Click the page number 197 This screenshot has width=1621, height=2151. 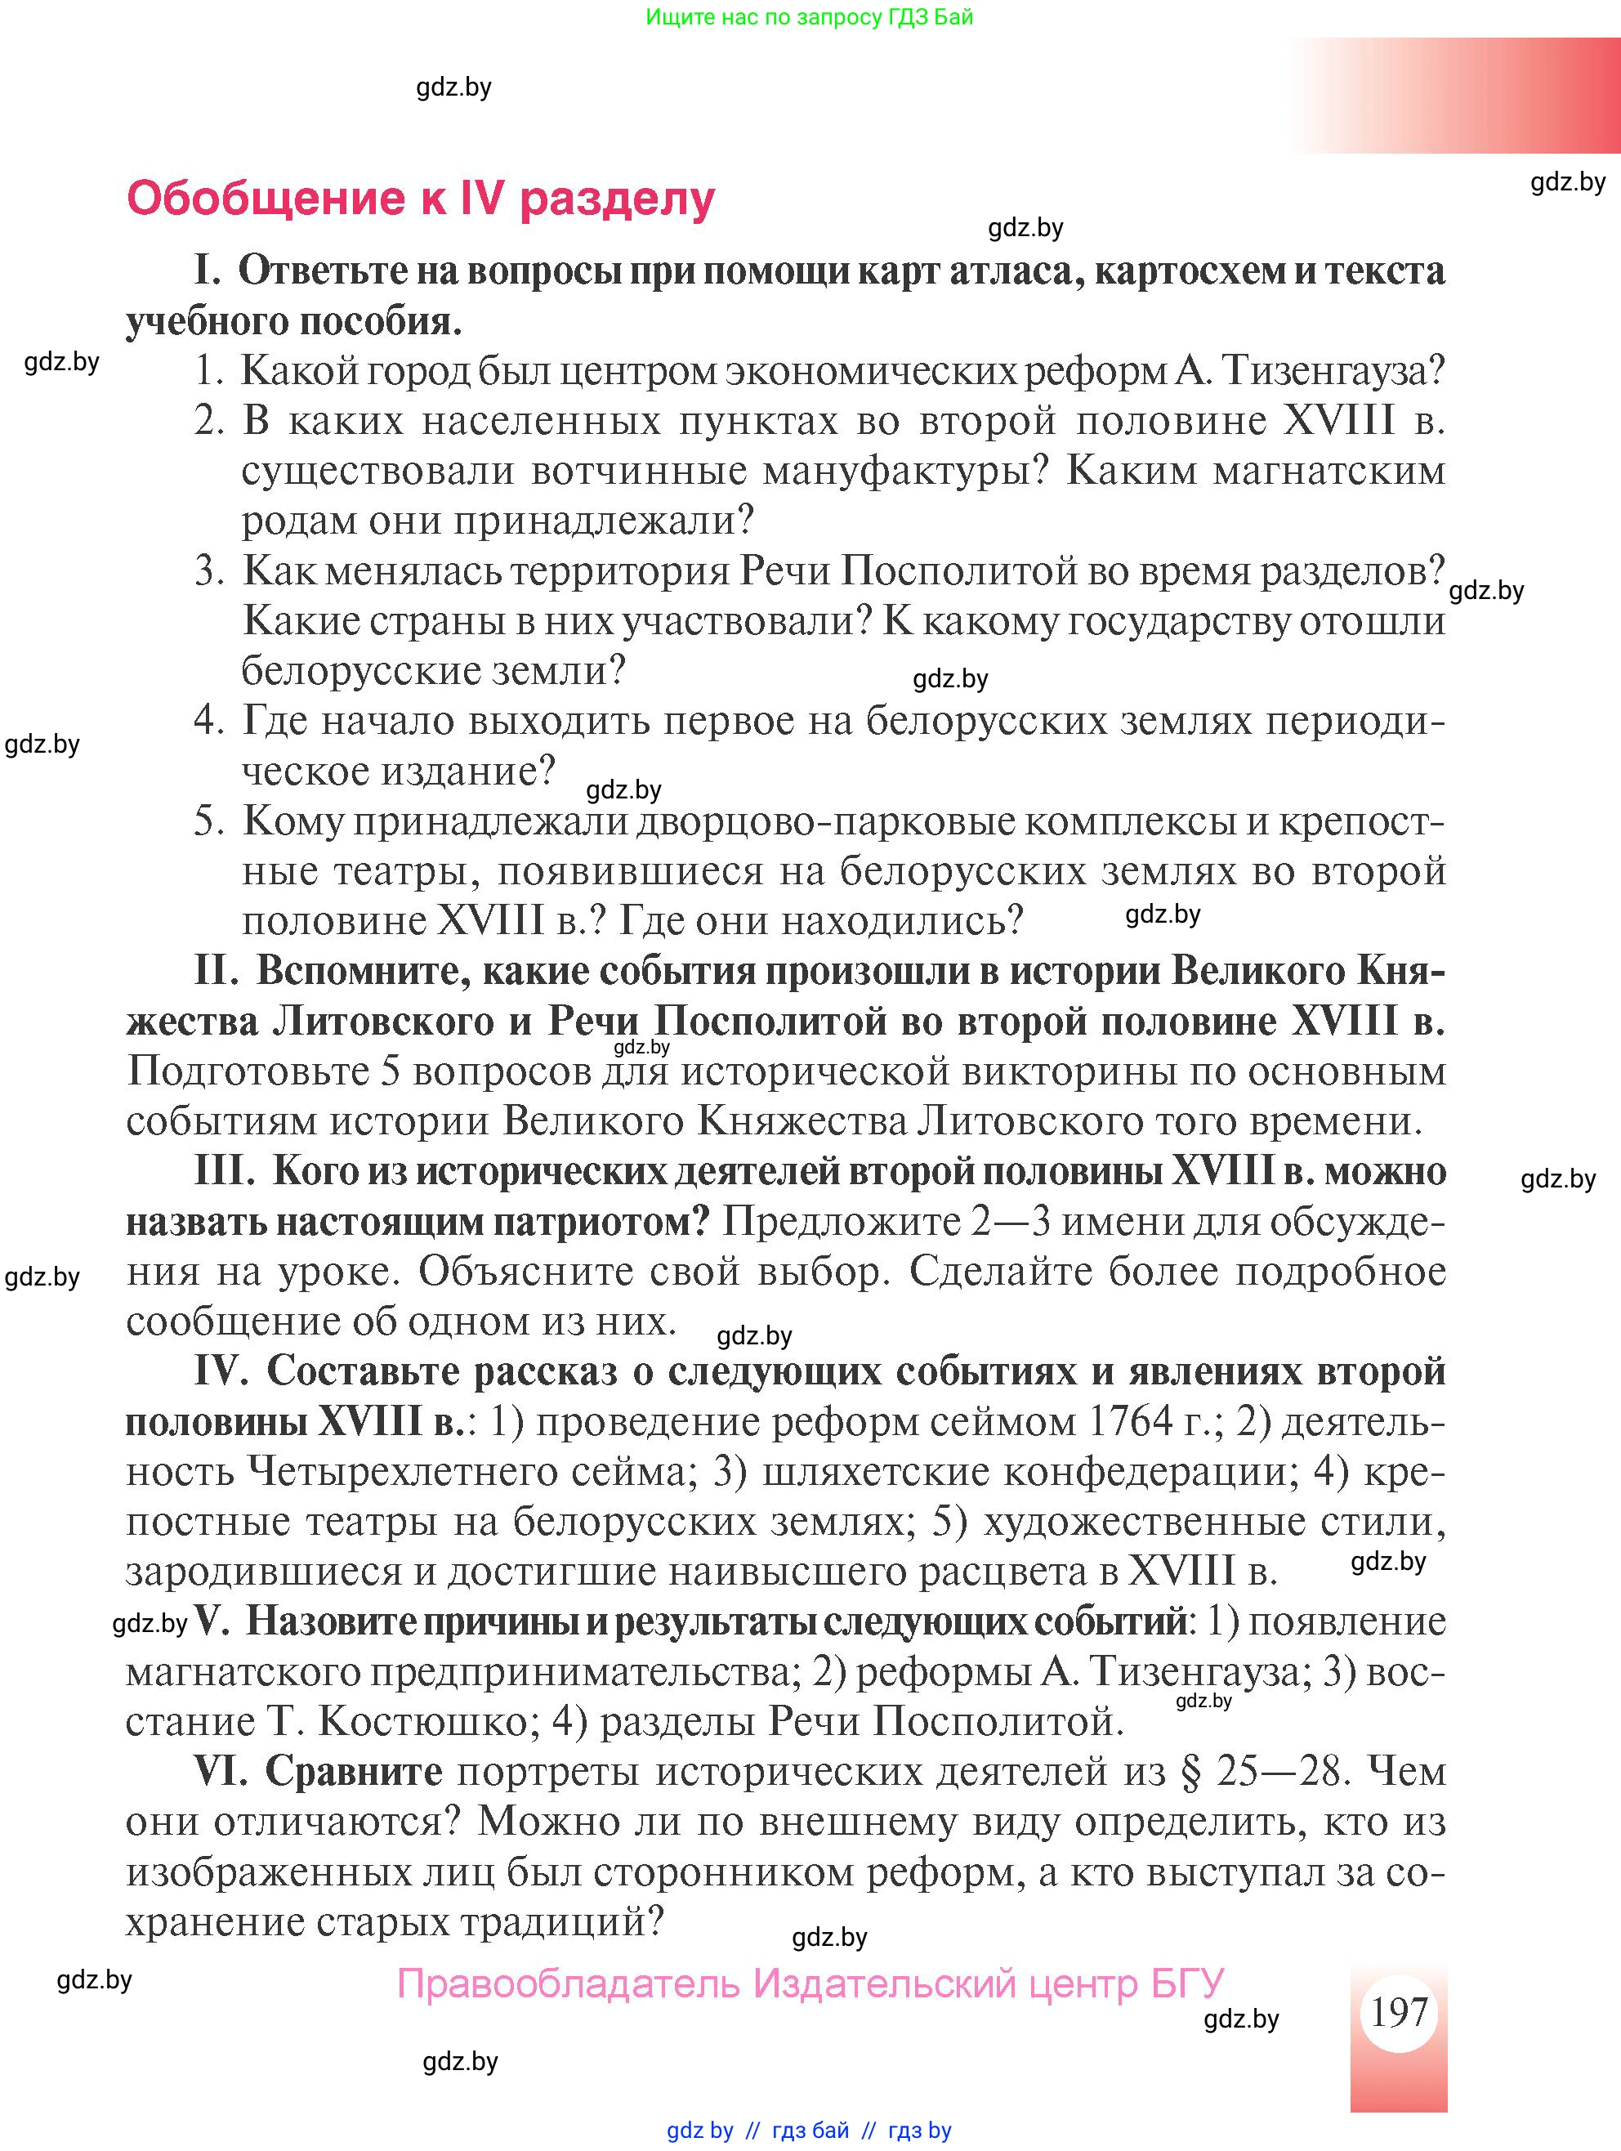1397,2012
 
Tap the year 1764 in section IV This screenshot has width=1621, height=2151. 1131,1423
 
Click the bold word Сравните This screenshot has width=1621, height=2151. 354,1771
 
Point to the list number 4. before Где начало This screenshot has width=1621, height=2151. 208,721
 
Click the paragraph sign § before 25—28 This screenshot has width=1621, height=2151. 1190,1772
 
